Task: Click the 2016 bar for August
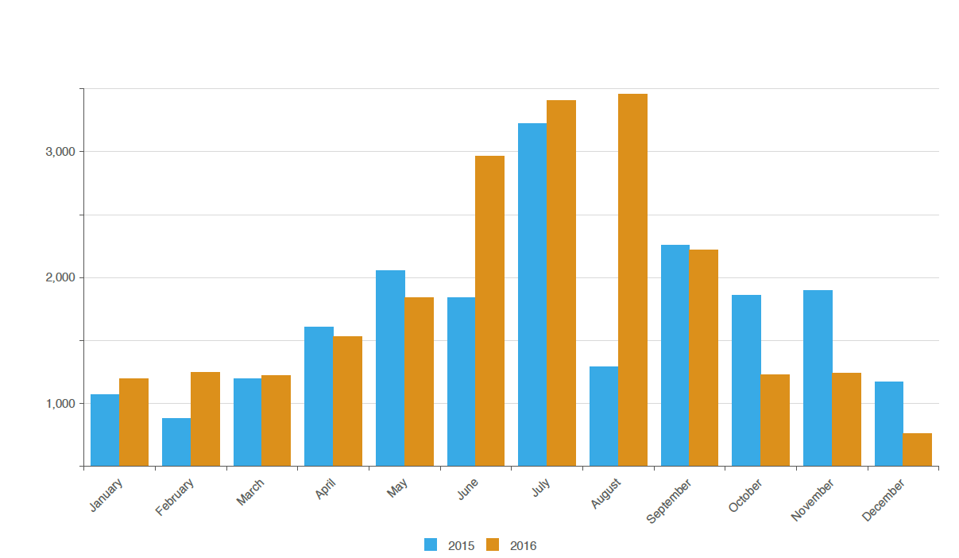pyautogui.click(x=632, y=280)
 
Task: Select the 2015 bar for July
pyautogui.click(x=532, y=295)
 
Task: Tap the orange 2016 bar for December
pyautogui.click(x=918, y=450)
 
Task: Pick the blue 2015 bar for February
pyautogui.click(x=176, y=442)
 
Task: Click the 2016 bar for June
pyautogui.click(x=489, y=311)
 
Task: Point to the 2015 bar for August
pyautogui.click(x=604, y=417)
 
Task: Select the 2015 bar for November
pyautogui.click(x=818, y=378)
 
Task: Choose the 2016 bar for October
pyautogui.click(x=775, y=420)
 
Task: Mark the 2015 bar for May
pyautogui.click(x=390, y=368)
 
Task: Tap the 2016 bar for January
pyautogui.click(x=134, y=422)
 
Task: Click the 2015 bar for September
pyautogui.click(x=675, y=355)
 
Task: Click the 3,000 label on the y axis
pyautogui.click(x=60, y=152)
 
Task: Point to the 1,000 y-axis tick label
pyautogui.click(x=60, y=404)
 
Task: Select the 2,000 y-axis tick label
pyautogui.click(x=60, y=277)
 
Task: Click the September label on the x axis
pyautogui.click(x=668, y=501)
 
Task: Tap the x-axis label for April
pyautogui.click(x=325, y=489)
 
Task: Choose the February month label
pyautogui.click(x=174, y=497)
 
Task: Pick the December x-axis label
pyautogui.click(x=883, y=500)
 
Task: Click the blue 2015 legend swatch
pyautogui.click(x=431, y=544)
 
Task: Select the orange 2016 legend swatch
pyautogui.click(x=493, y=544)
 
